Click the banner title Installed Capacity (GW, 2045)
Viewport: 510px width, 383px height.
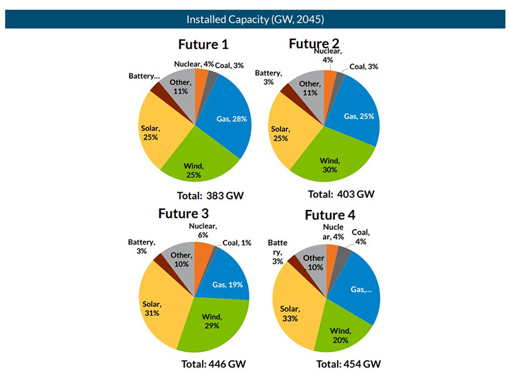click(x=254, y=19)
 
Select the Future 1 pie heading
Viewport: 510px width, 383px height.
click(x=203, y=44)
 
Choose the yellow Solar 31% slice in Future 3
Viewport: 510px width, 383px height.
click(x=162, y=309)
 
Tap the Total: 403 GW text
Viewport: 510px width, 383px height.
click(x=341, y=194)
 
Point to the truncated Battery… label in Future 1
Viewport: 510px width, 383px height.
click(x=144, y=76)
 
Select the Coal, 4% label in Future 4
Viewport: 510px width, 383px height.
click(x=361, y=237)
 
